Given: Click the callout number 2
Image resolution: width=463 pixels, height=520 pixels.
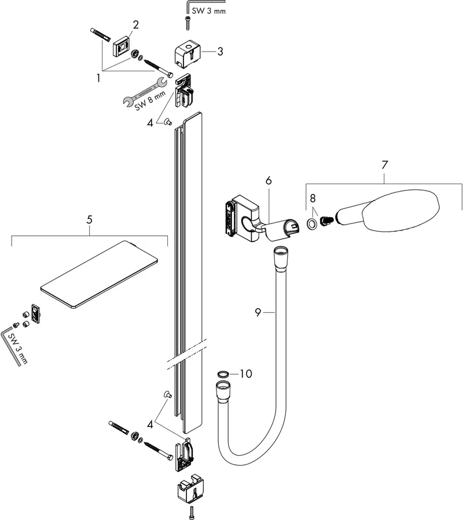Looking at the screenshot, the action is point(135,25).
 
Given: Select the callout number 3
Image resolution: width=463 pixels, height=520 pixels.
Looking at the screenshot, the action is point(220,52).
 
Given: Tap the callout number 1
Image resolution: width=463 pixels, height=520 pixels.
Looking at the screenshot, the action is point(98,78).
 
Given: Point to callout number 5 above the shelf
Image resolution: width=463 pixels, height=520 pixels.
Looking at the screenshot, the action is point(89,220).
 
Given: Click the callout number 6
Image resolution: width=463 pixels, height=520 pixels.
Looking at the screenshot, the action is point(269,181).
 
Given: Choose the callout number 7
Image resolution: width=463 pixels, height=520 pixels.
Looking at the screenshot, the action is point(384,165).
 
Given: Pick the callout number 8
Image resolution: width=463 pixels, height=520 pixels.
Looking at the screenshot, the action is point(313,198).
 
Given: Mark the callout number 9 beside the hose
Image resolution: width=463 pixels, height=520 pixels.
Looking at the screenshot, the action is point(259,312).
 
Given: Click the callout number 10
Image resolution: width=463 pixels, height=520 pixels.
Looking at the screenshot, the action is point(246,373).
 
